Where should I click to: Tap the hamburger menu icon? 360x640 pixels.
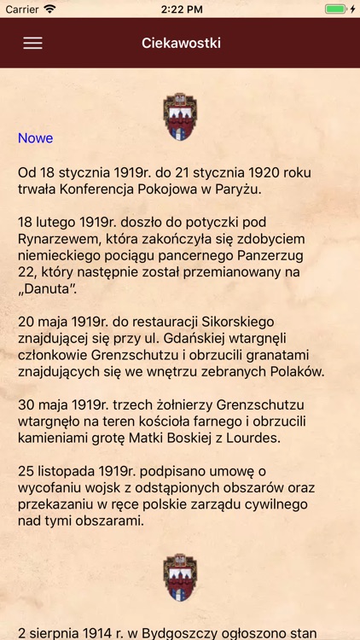click(x=32, y=43)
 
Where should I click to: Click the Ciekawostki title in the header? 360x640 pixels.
click(x=181, y=43)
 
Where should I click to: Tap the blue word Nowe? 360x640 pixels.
click(x=36, y=138)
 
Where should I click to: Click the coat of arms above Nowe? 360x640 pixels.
click(x=181, y=116)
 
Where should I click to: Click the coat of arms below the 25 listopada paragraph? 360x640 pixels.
click(x=181, y=578)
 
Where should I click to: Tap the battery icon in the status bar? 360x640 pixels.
click(x=336, y=9)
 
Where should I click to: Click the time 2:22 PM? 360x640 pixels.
click(x=180, y=9)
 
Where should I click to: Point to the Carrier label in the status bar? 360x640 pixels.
click(x=21, y=9)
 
